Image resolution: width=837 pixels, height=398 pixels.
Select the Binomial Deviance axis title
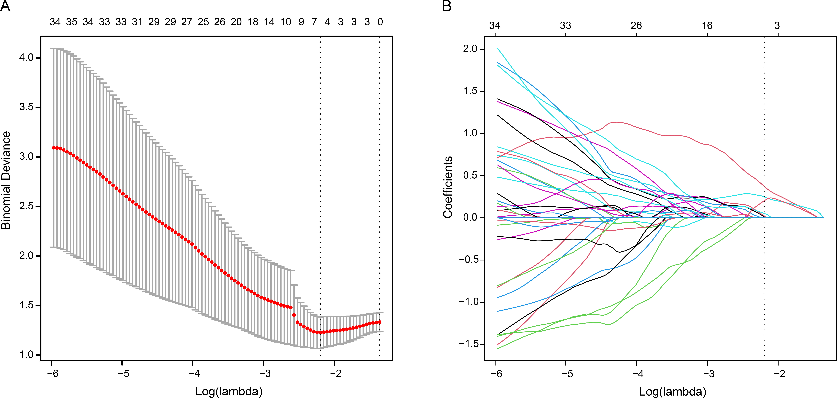coord(6,180)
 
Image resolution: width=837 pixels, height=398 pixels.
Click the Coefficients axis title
coord(448,187)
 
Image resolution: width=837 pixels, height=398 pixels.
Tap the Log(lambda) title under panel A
coord(229,391)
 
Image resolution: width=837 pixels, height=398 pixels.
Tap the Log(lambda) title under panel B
coord(673,391)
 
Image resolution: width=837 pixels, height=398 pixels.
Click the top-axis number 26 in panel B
coord(636,25)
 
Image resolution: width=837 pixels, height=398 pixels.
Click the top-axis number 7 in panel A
coord(314,22)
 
